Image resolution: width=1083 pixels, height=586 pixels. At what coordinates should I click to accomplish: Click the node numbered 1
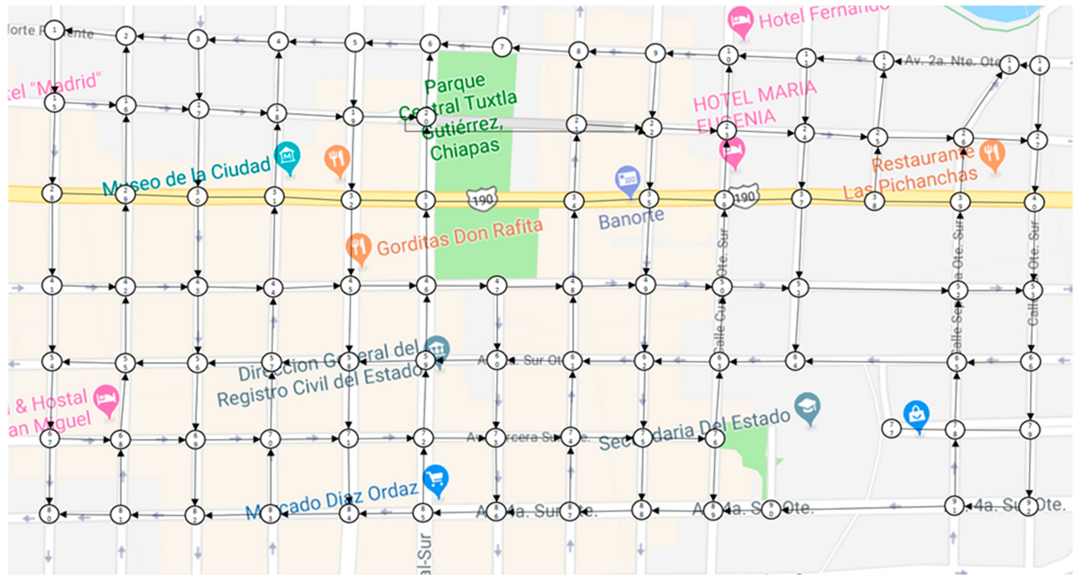click(x=54, y=30)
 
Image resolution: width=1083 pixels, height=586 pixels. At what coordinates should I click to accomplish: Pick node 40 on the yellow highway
click(x=1034, y=202)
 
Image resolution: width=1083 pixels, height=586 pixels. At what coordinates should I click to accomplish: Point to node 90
click(x=771, y=510)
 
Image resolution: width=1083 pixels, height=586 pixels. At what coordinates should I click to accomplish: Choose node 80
click(x=49, y=514)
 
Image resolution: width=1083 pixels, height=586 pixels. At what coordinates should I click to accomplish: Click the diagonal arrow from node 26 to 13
click(x=984, y=101)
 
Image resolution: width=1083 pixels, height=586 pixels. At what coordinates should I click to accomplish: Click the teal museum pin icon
click(x=288, y=156)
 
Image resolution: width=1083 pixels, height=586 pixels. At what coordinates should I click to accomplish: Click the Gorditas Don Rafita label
click(x=459, y=238)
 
